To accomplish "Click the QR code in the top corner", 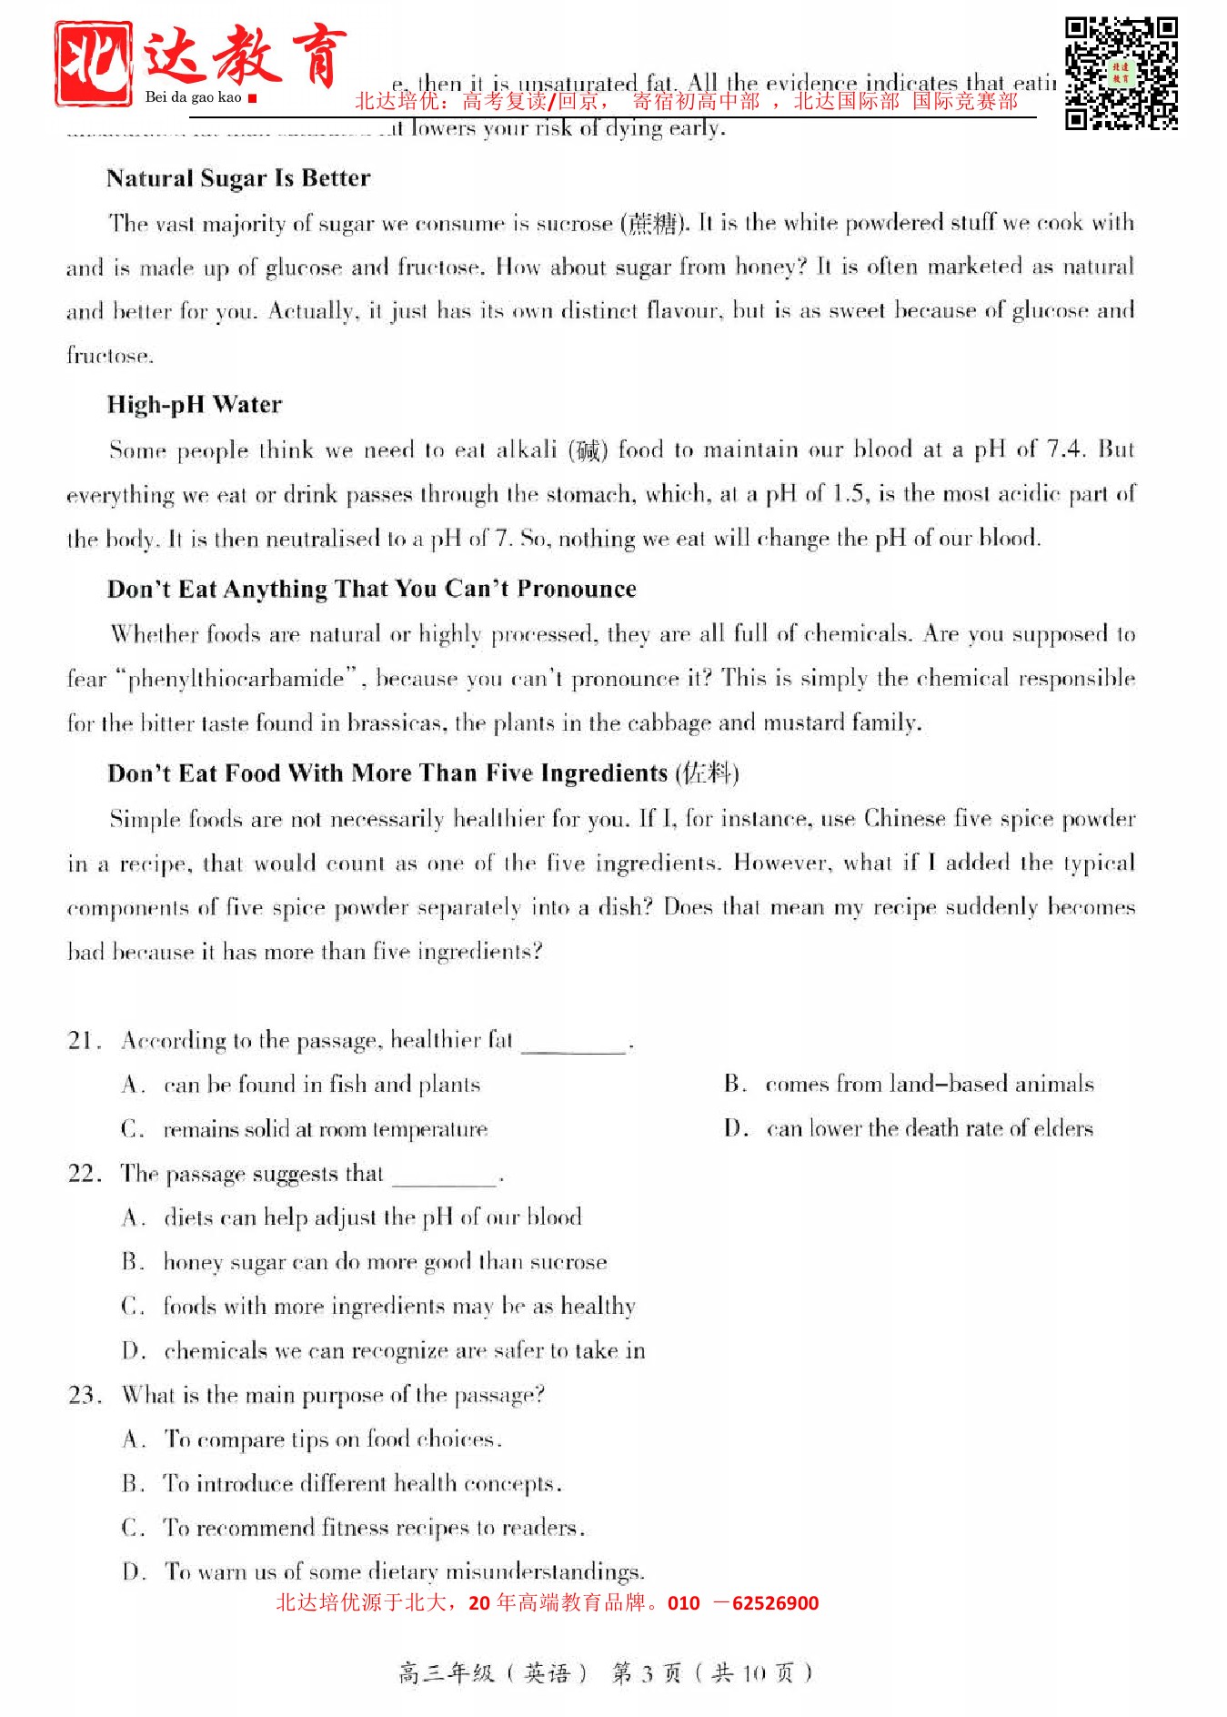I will (x=1121, y=73).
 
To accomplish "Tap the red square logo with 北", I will (x=93, y=63).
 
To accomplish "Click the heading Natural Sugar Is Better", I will (x=238, y=178).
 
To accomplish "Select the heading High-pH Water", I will (x=194, y=405).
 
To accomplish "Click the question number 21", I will (x=83, y=1040).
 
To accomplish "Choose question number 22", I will (x=83, y=1174).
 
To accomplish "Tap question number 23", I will (x=83, y=1395).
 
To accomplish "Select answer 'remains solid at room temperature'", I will (x=325, y=1129).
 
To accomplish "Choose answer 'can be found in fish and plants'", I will (x=321, y=1085).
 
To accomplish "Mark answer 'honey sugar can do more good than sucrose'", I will (x=385, y=1262).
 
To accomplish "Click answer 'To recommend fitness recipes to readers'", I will (x=373, y=1528).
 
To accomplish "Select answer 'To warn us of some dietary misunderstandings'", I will (x=404, y=1571).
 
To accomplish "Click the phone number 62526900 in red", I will (x=775, y=1603).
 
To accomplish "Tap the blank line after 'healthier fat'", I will (x=575, y=1045).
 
